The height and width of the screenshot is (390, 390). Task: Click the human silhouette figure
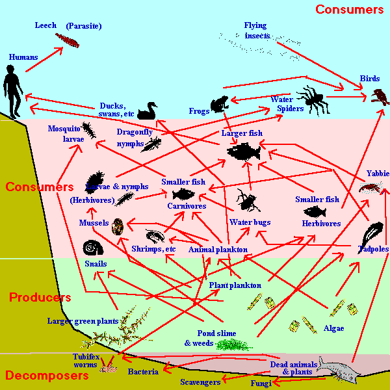pyautogui.click(x=11, y=91)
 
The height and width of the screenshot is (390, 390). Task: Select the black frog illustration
pyautogui.click(x=218, y=103)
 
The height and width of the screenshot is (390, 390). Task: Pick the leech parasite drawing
pyautogui.click(x=67, y=40)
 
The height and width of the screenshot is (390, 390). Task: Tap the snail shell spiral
pyautogui.click(x=91, y=248)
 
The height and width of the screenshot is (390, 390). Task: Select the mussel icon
pyautogui.click(x=118, y=226)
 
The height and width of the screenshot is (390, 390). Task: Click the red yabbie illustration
pyautogui.click(x=369, y=188)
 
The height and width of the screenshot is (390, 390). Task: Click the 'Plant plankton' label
pyautogui.click(x=235, y=285)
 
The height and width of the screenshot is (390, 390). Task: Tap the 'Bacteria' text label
pyautogui.click(x=143, y=372)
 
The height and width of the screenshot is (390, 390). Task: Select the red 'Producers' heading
pyautogui.click(x=40, y=297)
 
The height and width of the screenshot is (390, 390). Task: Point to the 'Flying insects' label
pyautogui.click(x=256, y=31)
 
